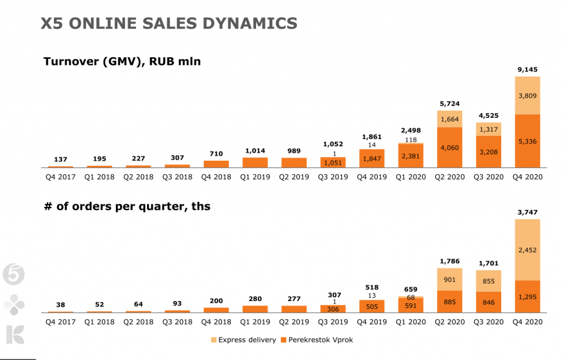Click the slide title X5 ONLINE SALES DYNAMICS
(x=169, y=23)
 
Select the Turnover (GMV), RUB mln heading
(x=122, y=62)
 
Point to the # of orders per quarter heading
(x=127, y=207)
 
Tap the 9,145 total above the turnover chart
(x=527, y=69)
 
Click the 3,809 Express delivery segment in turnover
(x=527, y=95)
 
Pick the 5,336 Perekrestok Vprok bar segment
(x=527, y=141)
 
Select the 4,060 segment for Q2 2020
(x=449, y=147)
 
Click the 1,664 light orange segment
(x=449, y=119)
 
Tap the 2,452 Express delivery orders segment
(x=527, y=250)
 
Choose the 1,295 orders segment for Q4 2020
(x=527, y=297)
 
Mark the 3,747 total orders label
(x=527, y=212)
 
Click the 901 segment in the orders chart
(x=449, y=279)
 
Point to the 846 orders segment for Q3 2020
(x=489, y=302)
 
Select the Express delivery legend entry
(x=243, y=340)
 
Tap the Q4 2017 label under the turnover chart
(x=61, y=177)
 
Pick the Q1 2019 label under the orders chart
(x=255, y=322)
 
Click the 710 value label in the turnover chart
(x=216, y=154)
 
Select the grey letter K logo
(x=14, y=335)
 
